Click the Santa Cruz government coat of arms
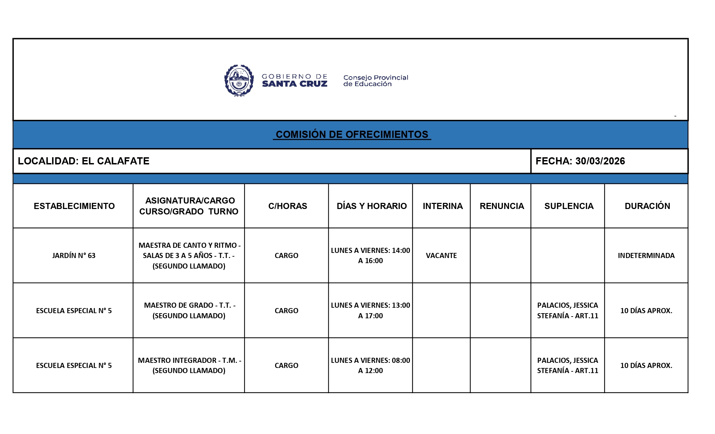[239, 81]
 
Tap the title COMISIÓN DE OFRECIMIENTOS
[352, 134]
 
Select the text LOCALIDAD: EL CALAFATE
[83, 161]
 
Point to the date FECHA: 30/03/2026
[580, 161]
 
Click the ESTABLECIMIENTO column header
[74, 206]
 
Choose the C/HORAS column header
[287, 206]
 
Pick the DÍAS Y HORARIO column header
[371, 206]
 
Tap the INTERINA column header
[443, 206]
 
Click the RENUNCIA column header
[502, 206]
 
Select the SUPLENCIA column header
[569, 206]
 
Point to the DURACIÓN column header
[647, 206]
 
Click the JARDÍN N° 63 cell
[74, 256]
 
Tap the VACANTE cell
[441, 256]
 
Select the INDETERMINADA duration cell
[646, 256]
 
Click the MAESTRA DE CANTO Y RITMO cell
[189, 256]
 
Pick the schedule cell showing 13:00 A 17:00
[370, 310]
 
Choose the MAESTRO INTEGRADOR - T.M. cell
[189, 365]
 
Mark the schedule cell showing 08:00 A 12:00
[370, 365]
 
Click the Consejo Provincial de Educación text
[376, 81]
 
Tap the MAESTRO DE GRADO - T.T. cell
[189, 310]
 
